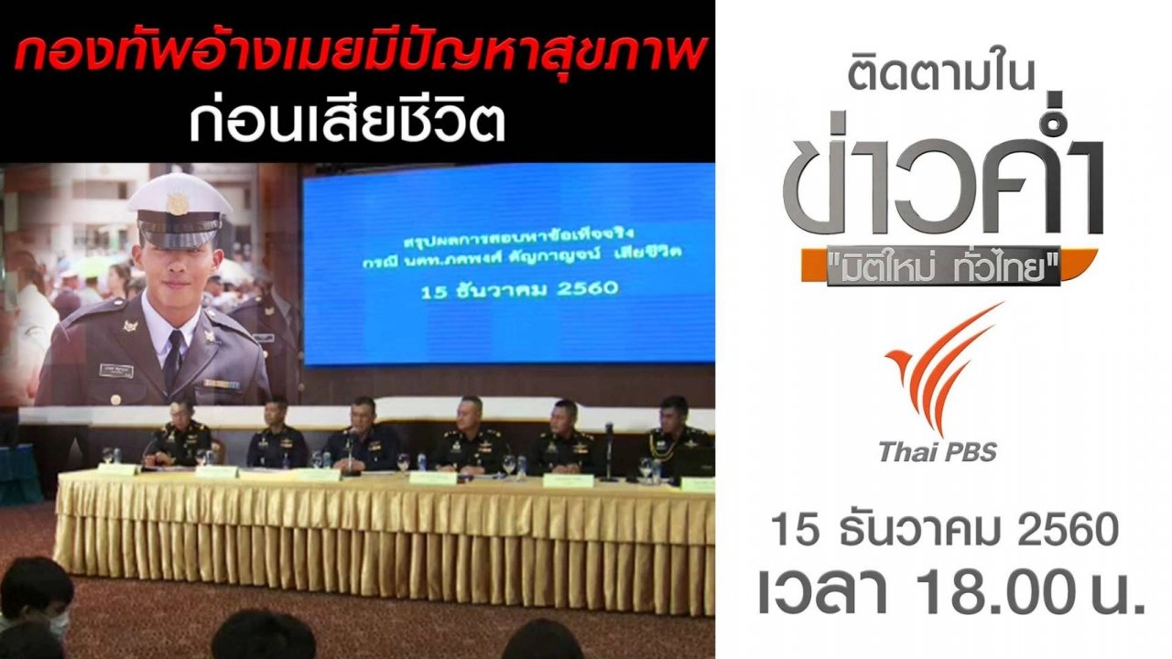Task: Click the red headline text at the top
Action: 357,58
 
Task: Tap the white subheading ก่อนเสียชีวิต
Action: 347,123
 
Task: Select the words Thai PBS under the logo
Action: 937,451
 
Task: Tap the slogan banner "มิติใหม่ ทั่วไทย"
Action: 944,266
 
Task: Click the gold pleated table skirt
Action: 385,540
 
